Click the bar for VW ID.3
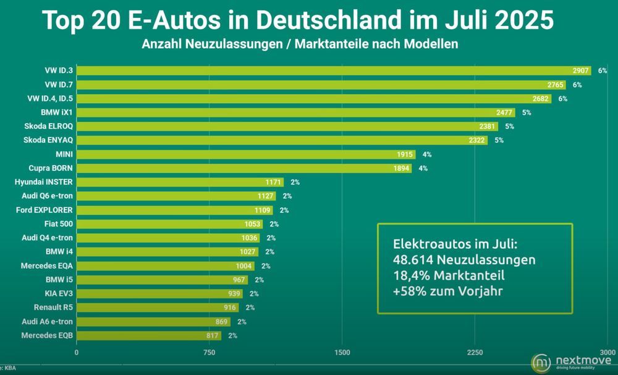(334, 71)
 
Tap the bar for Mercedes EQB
(148, 335)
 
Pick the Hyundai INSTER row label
(43, 182)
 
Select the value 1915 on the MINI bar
(404, 154)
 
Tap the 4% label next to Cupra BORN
(423, 168)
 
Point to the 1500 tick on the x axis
(342, 353)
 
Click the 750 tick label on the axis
(209, 353)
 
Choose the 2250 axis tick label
(475, 353)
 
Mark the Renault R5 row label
(51, 308)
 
